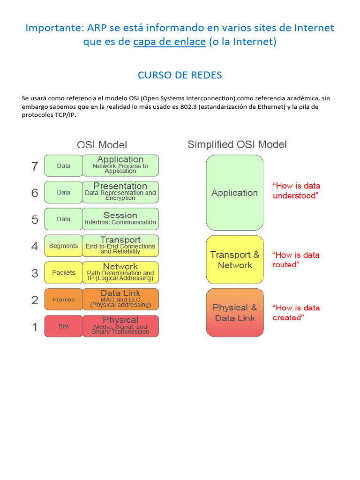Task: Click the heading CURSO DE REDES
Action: click(180, 75)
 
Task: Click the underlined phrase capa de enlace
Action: click(169, 42)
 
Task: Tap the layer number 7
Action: click(35, 166)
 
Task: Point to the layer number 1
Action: click(35, 327)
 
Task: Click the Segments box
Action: click(63, 246)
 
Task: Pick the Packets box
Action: click(63, 273)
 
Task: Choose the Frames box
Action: click(63, 300)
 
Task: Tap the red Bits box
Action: click(63, 326)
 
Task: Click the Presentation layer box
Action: click(120, 192)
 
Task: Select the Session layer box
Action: click(120, 219)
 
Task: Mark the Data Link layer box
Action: click(120, 300)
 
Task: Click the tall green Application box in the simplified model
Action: click(234, 193)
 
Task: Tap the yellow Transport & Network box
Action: click(234, 260)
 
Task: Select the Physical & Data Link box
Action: click(234, 313)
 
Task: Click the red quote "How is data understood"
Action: click(296, 191)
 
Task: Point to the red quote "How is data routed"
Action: click(295, 260)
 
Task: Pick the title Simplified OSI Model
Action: click(237, 144)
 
